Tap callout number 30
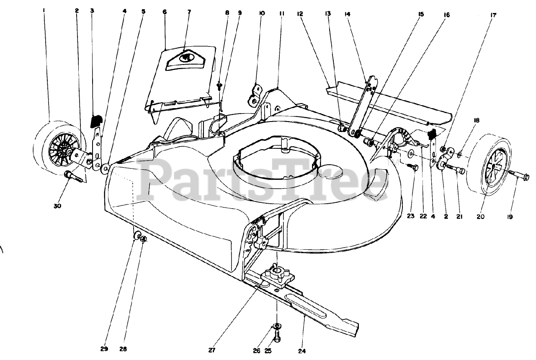(x=57, y=206)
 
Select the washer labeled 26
(x=276, y=326)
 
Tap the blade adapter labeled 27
(x=277, y=276)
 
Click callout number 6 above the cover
(x=165, y=12)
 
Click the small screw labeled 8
(x=219, y=86)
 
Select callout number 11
(x=281, y=13)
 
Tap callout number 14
(x=347, y=14)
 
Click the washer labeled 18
(x=460, y=155)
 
